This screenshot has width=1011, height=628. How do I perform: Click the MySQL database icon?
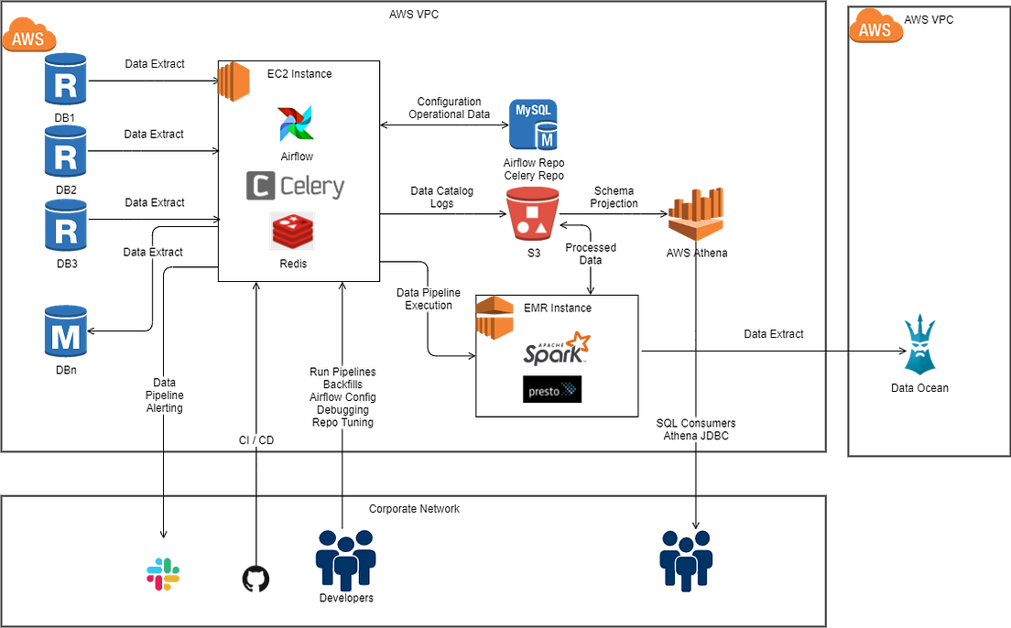[534, 125]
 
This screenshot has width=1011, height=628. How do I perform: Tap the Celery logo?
[295, 187]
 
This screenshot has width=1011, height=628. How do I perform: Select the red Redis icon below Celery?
[293, 231]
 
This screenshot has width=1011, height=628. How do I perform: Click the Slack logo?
[163, 574]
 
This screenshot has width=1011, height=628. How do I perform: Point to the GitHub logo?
[256, 579]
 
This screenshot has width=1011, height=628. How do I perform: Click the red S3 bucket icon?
[532, 214]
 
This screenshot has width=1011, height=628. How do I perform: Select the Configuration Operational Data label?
[449, 108]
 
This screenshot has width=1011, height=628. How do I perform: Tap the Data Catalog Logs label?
[442, 197]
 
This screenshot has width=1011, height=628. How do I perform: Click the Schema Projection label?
[614, 197]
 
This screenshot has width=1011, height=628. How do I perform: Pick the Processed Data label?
[591, 254]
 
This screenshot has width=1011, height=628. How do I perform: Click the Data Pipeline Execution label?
[429, 299]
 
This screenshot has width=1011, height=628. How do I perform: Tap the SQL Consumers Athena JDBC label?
[695, 429]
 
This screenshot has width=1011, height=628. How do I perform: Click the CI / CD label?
[255, 440]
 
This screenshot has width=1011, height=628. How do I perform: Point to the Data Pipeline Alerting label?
[165, 395]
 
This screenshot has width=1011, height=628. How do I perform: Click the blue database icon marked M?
[66, 331]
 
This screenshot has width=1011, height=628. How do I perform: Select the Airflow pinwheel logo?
[297, 123]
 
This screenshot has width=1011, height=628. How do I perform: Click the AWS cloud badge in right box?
[876, 28]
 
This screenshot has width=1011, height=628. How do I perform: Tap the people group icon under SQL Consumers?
[686, 558]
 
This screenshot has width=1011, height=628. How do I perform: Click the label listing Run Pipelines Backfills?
[342, 397]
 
